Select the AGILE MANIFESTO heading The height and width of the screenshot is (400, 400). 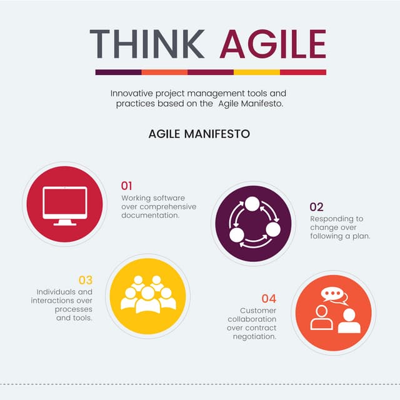point(199,134)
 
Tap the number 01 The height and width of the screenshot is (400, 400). point(127,186)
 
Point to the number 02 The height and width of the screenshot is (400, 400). point(317,207)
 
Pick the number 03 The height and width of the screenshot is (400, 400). point(86,279)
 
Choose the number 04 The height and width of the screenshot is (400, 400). point(269,298)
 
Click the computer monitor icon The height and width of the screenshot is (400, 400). point(64,205)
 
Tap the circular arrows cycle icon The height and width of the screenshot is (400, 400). point(254,223)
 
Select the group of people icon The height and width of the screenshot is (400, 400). point(148,295)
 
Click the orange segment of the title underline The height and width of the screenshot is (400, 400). point(164,72)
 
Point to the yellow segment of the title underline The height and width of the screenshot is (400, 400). point(257,72)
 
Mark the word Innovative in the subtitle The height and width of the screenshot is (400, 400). point(134,92)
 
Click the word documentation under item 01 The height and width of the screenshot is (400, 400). point(151,215)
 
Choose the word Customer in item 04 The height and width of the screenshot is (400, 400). point(258,310)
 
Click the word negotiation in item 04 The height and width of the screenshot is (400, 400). point(254,336)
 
